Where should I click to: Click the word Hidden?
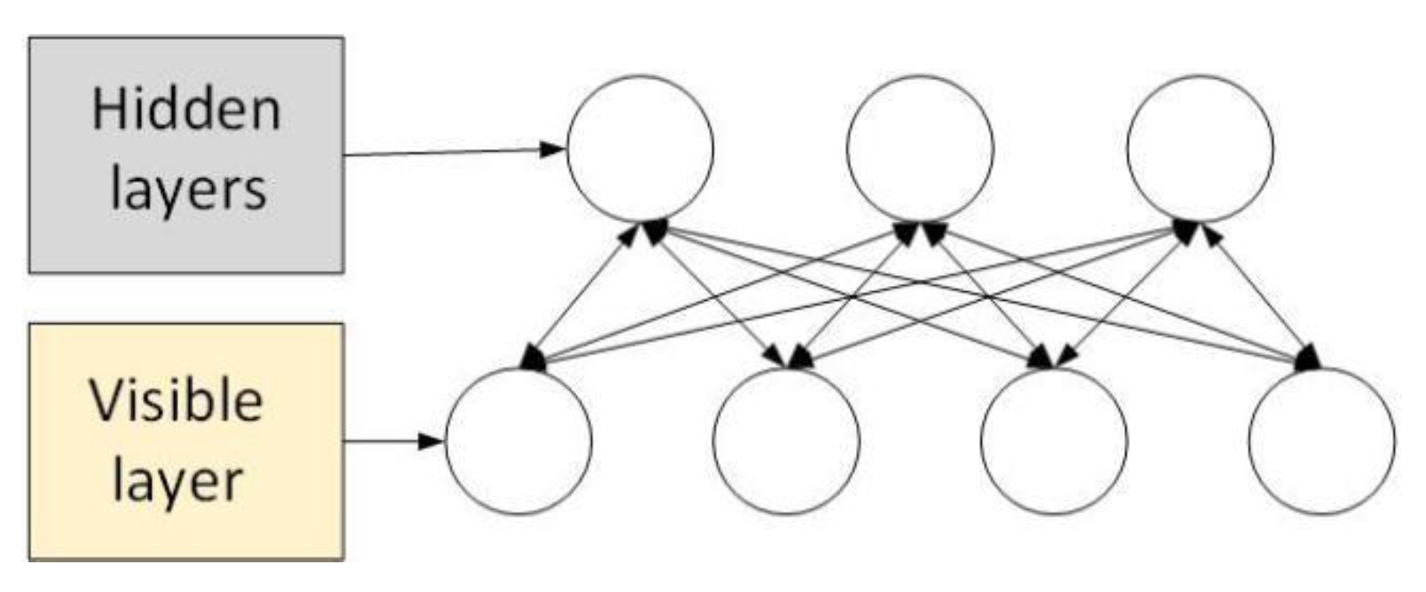point(186,110)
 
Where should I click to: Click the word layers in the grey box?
point(188,189)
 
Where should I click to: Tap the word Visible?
point(176,401)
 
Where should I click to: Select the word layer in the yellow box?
point(177,480)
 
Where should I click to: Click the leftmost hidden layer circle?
point(640,148)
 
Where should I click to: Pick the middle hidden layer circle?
point(920,148)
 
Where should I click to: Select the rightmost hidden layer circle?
point(1200,148)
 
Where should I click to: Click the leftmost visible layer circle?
point(519,441)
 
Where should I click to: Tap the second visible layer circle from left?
point(786,441)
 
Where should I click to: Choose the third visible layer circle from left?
point(1054,441)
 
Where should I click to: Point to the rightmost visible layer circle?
point(1321,441)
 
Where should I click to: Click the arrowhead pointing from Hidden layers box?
point(553,148)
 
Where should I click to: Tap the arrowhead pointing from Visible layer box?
point(432,441)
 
